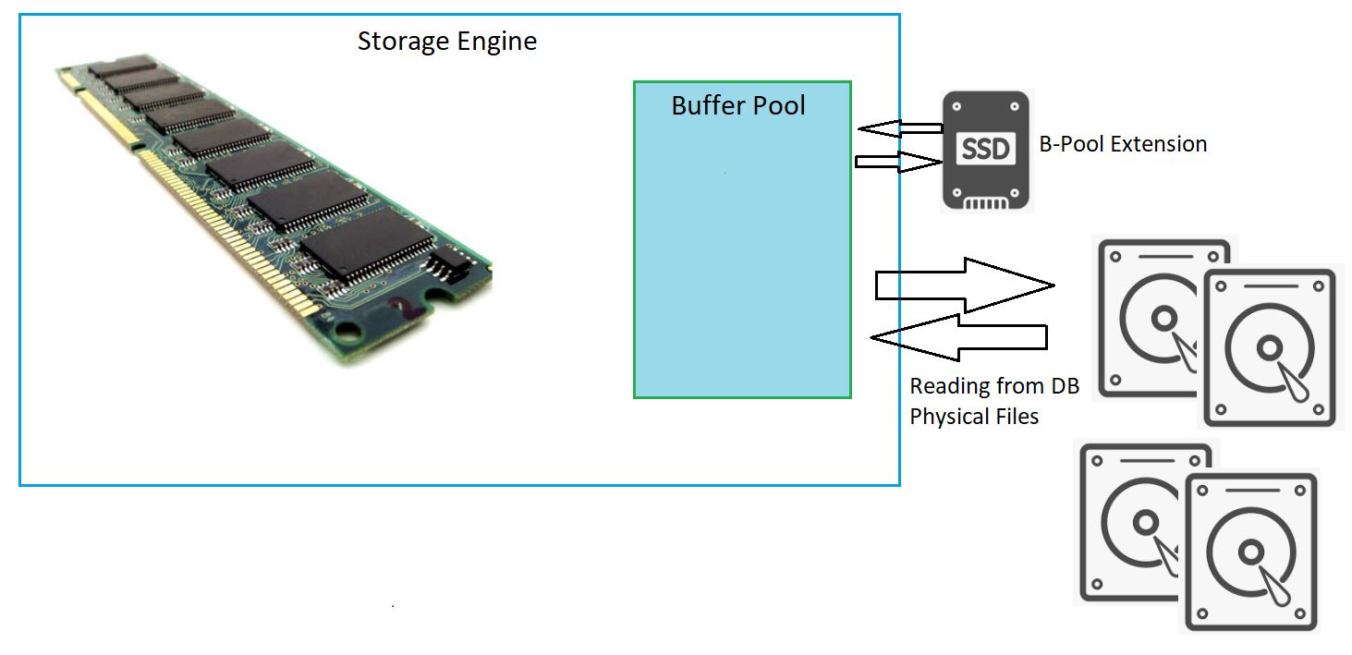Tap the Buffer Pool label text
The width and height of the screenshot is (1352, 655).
[738, 105]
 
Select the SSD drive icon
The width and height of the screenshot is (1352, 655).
[985, 151]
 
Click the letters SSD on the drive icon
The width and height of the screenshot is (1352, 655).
[985, 149]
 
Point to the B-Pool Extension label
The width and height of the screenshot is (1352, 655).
[1123, 144]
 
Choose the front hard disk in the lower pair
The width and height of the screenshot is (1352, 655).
[1250, 552]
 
